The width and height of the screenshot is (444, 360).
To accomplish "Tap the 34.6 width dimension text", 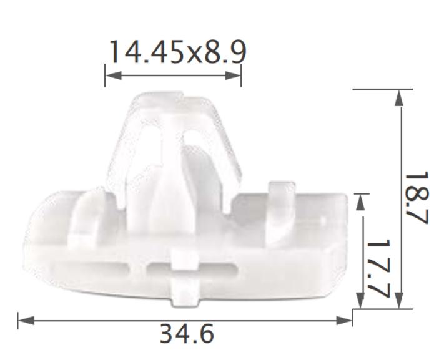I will (186, 334).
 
